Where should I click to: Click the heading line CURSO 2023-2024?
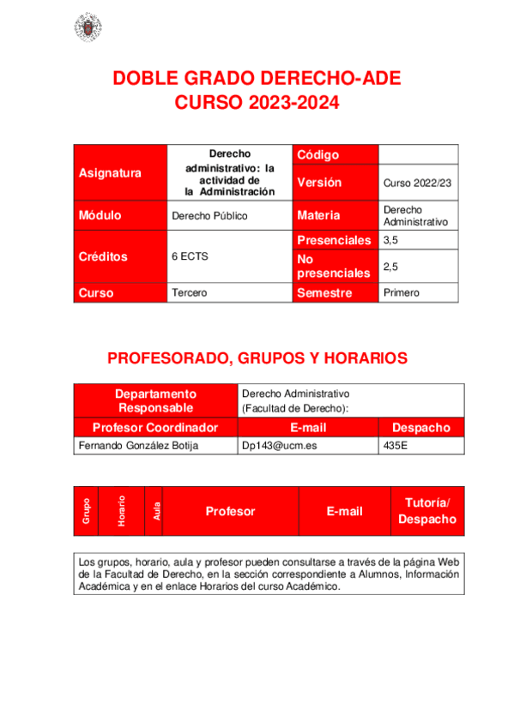257,104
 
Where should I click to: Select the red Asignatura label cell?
121,172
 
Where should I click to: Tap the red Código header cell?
336,154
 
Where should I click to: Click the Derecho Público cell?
209,216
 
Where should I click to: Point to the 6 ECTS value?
190,256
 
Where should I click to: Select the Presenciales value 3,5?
391,241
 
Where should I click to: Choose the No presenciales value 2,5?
391,267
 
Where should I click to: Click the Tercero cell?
190,293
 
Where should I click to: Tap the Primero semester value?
402,293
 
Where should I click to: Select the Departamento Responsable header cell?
156,400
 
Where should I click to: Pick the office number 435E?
396,446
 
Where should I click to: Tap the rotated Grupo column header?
87,511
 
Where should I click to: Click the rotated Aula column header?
156,511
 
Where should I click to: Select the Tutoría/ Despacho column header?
427,511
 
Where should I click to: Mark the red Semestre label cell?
336,293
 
